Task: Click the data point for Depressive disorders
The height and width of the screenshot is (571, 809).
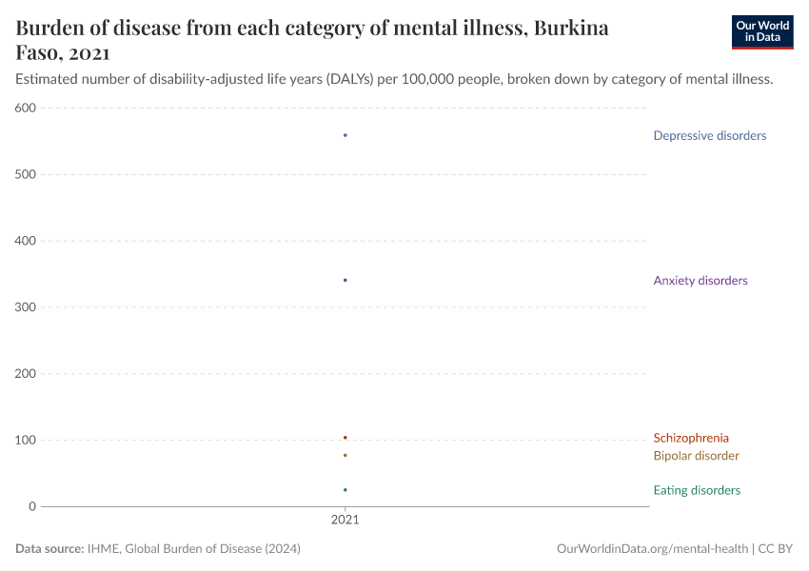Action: click(345, 135)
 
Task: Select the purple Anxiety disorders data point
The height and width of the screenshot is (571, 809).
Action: click(345, 280)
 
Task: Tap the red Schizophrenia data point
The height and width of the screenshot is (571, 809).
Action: click(345, 438)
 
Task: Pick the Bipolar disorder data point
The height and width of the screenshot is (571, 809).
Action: click(345, 455)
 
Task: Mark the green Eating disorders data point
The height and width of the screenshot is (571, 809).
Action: click(345, 490)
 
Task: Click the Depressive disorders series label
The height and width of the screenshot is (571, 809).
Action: click(709, 136)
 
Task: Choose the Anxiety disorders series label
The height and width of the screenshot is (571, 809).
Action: click(700, 281)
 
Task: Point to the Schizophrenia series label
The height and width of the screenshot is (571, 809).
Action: click(691, 439)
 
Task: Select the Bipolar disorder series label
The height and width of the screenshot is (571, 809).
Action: click(696, 456)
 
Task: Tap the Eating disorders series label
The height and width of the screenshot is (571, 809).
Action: click(696, 491)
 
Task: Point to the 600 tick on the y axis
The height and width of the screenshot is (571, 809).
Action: click(26, 108)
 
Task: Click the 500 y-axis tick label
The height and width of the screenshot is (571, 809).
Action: click(26, 175)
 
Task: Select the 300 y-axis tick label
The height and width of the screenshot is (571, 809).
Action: click(26, 307)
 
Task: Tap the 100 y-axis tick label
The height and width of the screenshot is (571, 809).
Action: click(26, 441)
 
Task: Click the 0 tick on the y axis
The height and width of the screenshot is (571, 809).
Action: click(32, 506)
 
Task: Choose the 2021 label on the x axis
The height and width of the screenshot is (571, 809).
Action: click(345, 522)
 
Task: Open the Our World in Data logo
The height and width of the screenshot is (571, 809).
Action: click(761, 31)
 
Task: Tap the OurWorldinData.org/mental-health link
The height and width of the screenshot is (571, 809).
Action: click(651, 549)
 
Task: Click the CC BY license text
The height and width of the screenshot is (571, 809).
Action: click(776, 549)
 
